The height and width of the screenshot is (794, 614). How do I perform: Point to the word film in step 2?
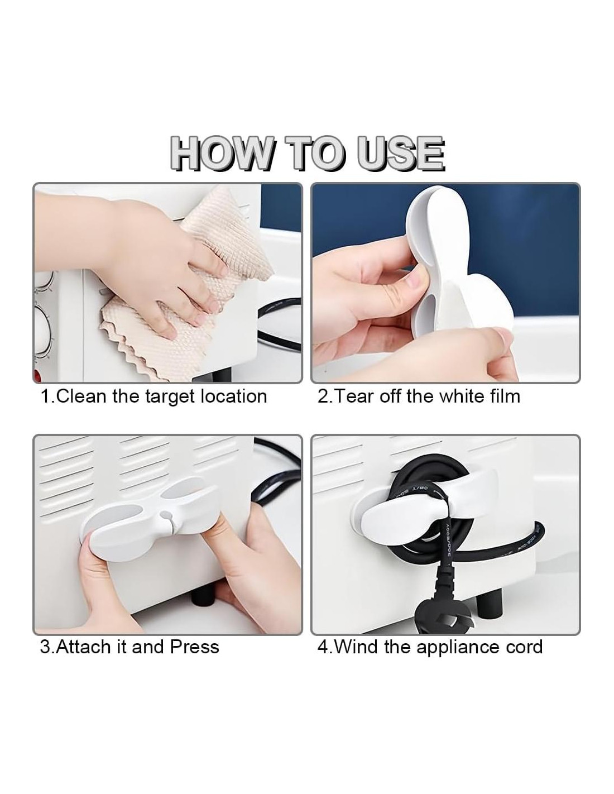click(x=504, y=396)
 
